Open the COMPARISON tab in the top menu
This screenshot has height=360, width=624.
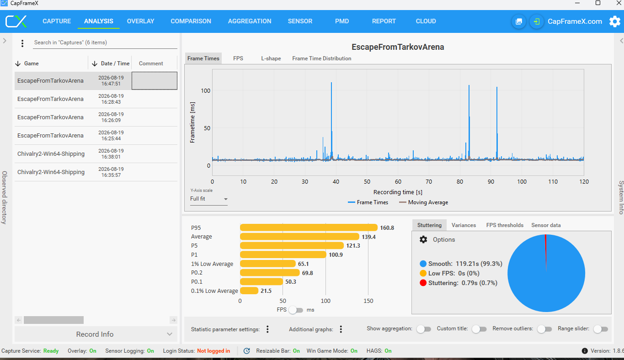coord(191,21)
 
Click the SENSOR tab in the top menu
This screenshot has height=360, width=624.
coord(300,21)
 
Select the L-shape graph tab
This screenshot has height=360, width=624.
coord(271,58)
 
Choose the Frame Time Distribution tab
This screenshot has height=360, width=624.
coord(321,58)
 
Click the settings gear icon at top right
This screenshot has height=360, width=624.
coord(615,21)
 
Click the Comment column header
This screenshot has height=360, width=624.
coord(151,64)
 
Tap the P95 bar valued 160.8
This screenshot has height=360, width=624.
coord(309,228)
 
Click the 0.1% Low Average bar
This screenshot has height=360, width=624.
coord(249,291)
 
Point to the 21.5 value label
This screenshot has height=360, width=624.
coord(266,291)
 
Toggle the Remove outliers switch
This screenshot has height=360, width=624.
coord(544,329)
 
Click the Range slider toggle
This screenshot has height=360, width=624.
coord(601,329)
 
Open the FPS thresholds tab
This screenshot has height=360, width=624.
coord(505,225)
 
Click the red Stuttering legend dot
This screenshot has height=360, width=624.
coord(423,283)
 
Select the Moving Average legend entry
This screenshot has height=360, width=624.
coord(423,202)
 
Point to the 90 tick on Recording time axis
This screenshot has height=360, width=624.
coord(491,182)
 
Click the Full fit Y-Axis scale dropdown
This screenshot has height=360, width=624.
coord(208,199)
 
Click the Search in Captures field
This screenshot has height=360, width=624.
coord(105,42)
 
